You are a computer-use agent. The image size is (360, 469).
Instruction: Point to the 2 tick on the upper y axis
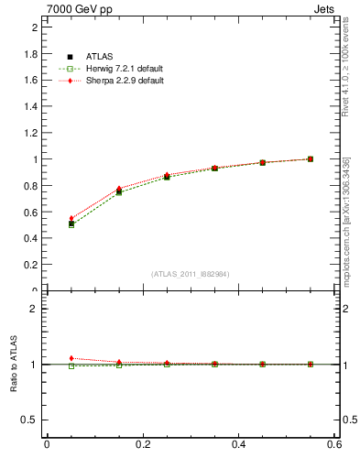click(33, 27)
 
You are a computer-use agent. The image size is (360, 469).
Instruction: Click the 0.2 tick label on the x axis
click(143, 444)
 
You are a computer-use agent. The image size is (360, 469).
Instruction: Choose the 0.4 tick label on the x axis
click(238, 444)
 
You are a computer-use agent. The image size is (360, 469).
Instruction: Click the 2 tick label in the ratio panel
click(33, 309)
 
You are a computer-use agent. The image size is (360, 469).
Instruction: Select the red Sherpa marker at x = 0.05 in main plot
click(71, 219)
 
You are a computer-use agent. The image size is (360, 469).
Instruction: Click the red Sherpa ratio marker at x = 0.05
click(71, 358)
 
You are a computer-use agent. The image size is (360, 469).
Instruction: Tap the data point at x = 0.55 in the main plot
click(310, 158)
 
